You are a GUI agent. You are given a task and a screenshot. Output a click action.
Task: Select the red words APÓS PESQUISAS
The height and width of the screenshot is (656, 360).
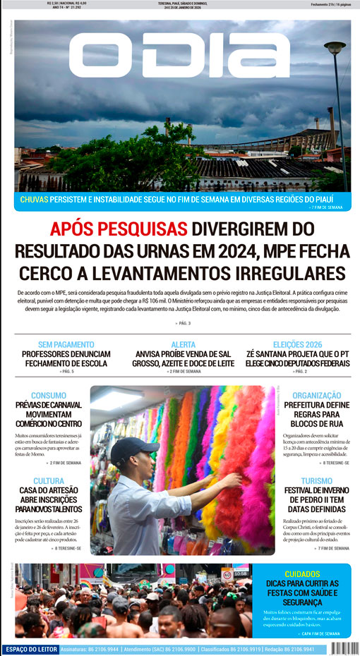119,229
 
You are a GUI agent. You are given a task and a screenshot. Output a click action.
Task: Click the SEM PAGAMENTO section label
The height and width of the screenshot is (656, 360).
66,344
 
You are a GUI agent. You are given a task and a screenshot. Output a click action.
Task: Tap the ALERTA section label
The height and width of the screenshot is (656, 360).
184,344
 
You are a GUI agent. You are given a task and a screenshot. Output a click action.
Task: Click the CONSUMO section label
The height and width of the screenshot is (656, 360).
49,396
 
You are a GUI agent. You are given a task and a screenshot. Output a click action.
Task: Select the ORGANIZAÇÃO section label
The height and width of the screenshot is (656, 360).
317,396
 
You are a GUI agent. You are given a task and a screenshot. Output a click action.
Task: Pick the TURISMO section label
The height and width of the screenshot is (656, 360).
316,480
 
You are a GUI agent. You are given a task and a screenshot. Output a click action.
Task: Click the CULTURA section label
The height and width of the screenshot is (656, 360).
49,480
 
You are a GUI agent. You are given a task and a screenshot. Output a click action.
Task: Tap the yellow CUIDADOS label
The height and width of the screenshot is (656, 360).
302,573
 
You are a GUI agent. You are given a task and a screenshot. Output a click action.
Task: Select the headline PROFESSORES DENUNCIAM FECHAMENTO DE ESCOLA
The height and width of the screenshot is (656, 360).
66,358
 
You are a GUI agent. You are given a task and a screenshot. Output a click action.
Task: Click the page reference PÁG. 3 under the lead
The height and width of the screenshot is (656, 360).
183,323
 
